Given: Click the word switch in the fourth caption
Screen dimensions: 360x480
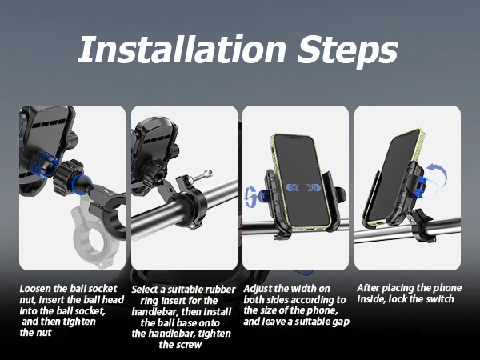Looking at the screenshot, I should tap(438, 299).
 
